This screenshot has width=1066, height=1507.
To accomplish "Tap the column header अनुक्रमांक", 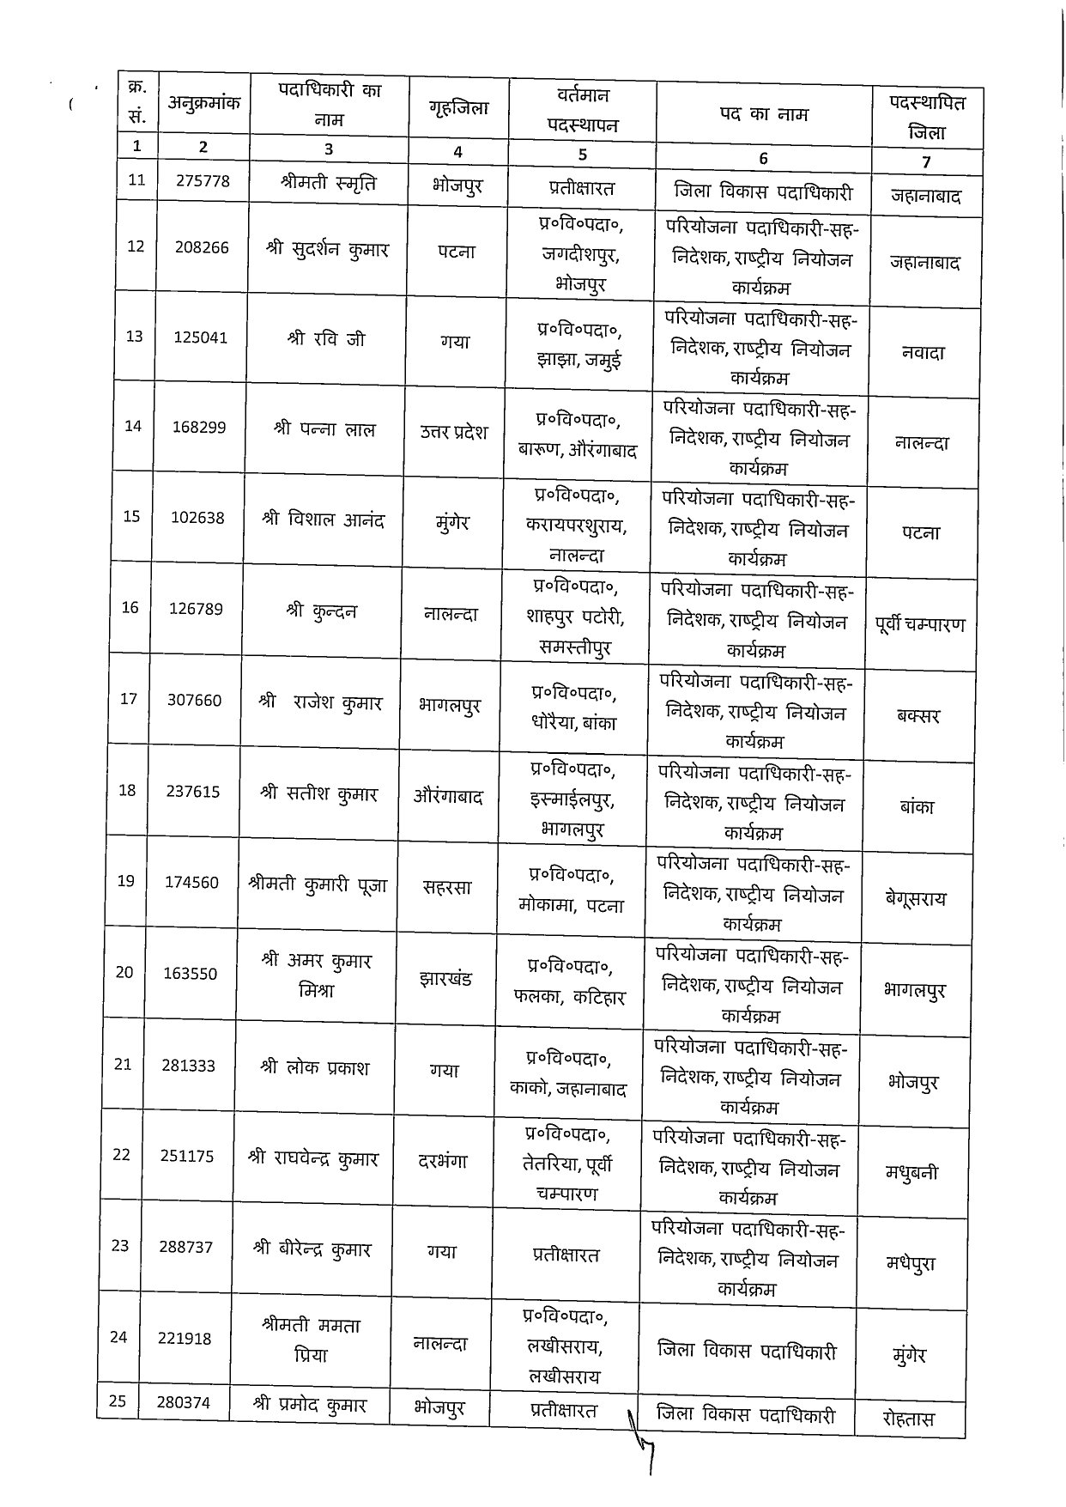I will click(204, 103).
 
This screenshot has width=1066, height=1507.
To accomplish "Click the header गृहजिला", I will click(458, 107).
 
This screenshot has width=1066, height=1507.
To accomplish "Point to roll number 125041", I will click(201, 337).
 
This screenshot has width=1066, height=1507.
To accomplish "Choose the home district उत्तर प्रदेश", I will click(453, 431).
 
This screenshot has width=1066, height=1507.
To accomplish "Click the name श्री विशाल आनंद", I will click(323, 520).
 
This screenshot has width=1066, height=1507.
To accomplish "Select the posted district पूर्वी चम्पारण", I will click(920, 624).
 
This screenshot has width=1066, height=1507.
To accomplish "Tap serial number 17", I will click(129, 699).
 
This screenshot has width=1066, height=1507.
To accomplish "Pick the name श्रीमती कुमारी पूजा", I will click(317, 884).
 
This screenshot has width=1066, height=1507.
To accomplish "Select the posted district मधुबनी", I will click(911, 1172).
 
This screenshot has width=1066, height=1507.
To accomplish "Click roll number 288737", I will click(186, 1247).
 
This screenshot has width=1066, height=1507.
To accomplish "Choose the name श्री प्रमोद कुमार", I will click(310, 1406).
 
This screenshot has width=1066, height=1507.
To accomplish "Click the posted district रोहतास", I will click(908, 1419).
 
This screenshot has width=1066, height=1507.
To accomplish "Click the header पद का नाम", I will click(764, 113).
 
